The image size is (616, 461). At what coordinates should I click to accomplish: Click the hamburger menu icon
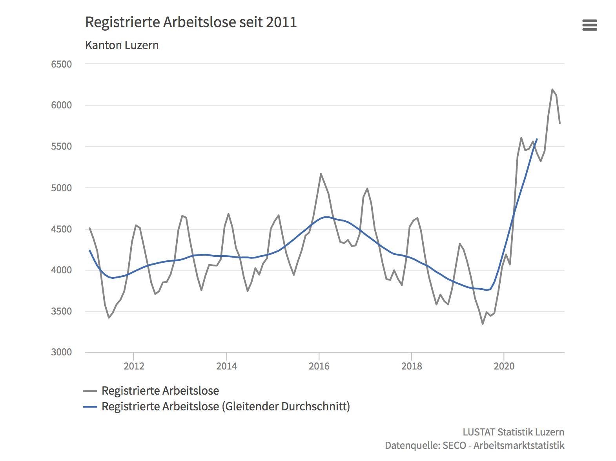point(589,25)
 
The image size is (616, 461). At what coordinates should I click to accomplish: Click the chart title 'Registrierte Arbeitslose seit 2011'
point(191,22)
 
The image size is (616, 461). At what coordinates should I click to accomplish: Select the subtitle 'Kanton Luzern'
point(122,45)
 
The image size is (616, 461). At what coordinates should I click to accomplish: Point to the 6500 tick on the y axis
point(61,64)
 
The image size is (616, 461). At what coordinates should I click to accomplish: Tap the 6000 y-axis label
point(61,105)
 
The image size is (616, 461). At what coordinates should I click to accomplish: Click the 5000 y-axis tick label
point(61,188)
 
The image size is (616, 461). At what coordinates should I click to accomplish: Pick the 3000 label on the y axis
point(61,352)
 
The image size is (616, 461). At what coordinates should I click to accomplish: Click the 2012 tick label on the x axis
point(134,366)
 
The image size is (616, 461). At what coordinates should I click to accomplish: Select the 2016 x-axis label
point(319,366)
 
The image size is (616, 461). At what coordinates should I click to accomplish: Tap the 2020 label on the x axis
point(504,366)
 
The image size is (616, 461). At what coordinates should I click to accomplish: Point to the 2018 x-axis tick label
point(412,366)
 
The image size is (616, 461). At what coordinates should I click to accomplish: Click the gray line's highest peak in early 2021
point(552,90)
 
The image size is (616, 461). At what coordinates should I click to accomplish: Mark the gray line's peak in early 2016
point(321,174)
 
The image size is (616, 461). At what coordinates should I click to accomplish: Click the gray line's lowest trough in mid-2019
point(483,324)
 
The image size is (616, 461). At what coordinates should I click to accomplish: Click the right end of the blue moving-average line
point(537,139)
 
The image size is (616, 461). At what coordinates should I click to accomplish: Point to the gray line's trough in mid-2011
point(109,318)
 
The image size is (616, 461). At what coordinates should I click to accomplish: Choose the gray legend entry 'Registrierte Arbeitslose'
point(160,391)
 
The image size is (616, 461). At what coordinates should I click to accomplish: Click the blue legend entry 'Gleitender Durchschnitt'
point(226,406)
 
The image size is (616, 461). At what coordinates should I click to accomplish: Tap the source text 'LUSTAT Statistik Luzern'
point(513,432)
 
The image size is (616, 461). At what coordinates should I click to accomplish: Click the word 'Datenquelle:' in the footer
point(412,445)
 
